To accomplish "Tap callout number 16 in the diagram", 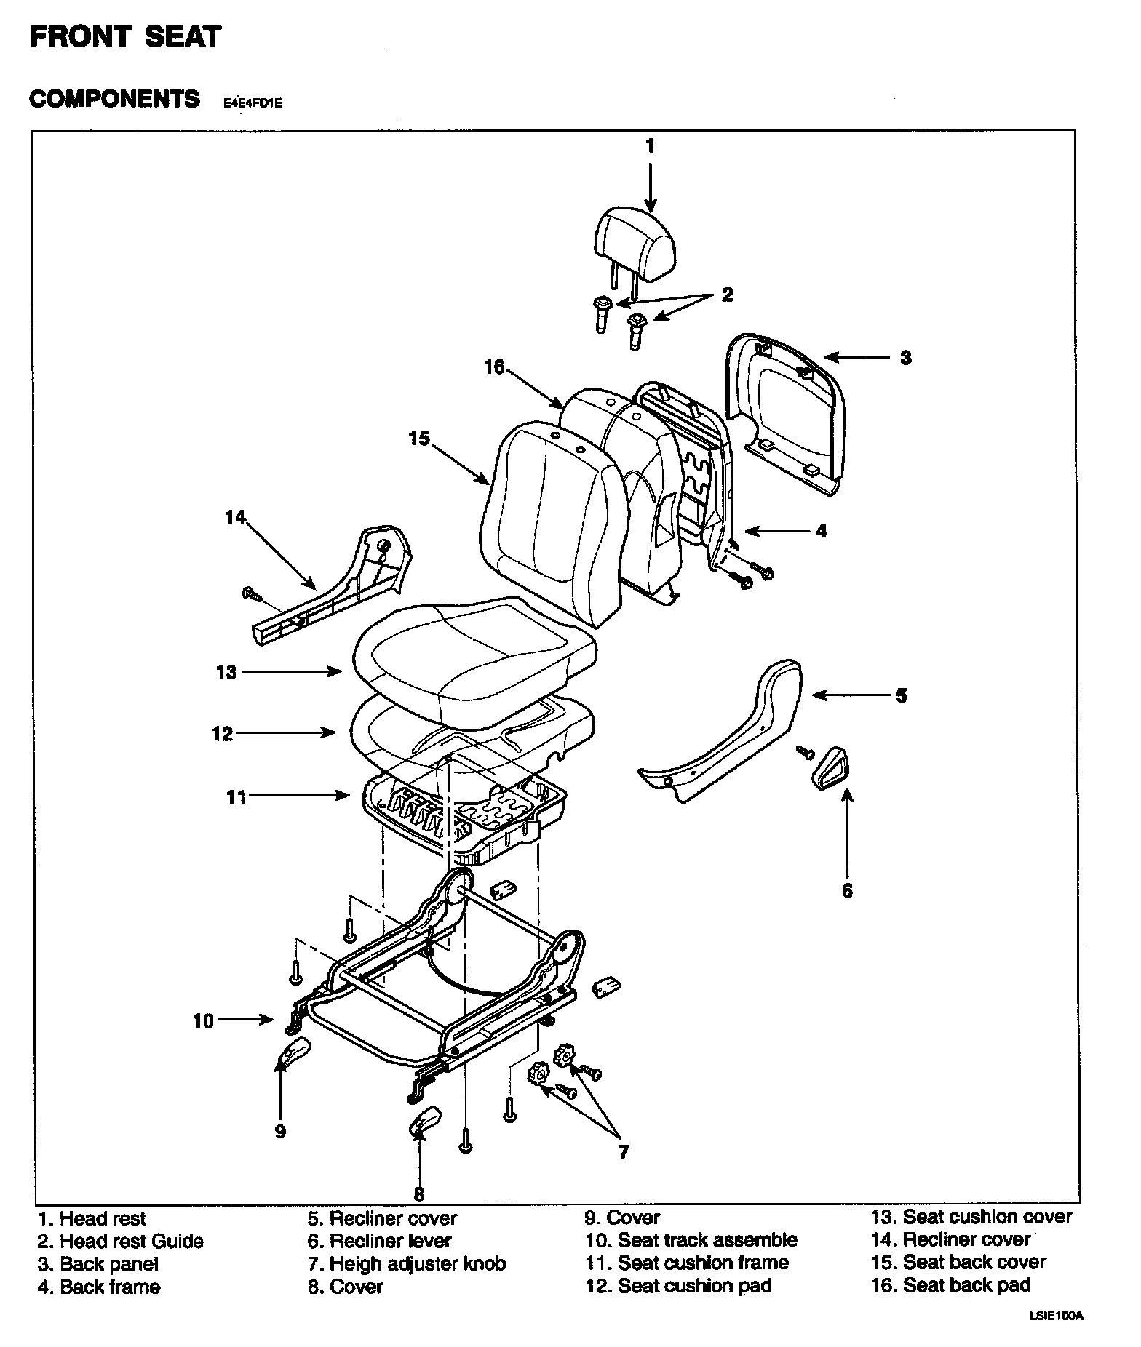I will pyautogui.click(x=494, y=368).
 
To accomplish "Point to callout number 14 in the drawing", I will pyautogui.click(x=235, y=518).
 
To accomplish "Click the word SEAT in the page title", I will pyautogui.click(x=183, y=36).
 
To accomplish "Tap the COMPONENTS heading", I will pyautogui.click(x=114, y=99).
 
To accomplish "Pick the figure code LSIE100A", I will pyautogui.click(x=1056, y=1335).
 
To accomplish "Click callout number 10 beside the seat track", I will pyautogui.click(x=203, y=1021).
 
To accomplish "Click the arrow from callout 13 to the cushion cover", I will pyautogui.click(x=291, y=672).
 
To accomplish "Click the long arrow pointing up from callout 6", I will pyautogui.click(x=847, y=829).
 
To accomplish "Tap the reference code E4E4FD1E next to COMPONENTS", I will pyautogui.click(x=253, y=103).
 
